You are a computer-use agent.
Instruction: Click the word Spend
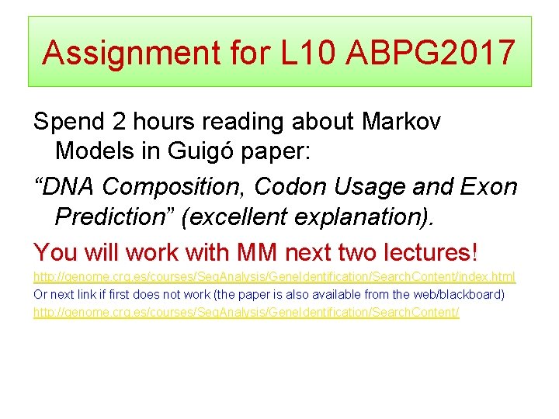pyautogui.click(x=69, y=122)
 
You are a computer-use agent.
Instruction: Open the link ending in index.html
pyautogui.click(x=274, y=277)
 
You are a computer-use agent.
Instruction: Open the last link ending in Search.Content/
pyautogui.click(x=246, y=311)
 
